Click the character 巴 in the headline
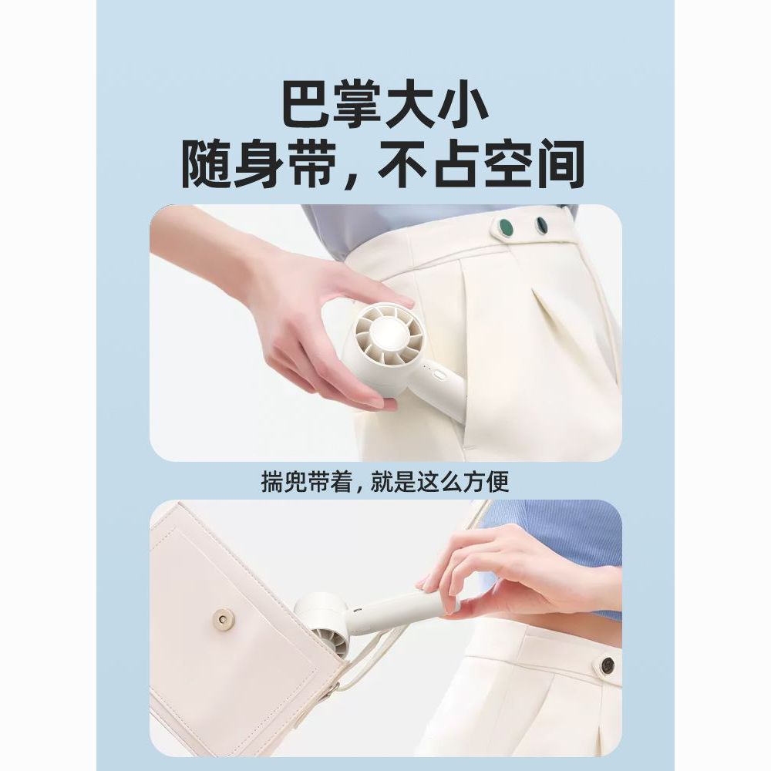[x=308, y=106]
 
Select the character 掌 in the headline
[x=359, y=106]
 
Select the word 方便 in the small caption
[x=488, y=483]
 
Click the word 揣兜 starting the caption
[x=282, y=483]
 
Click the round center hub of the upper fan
[x=388, y=331]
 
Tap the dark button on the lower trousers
[x=608, y=665]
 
